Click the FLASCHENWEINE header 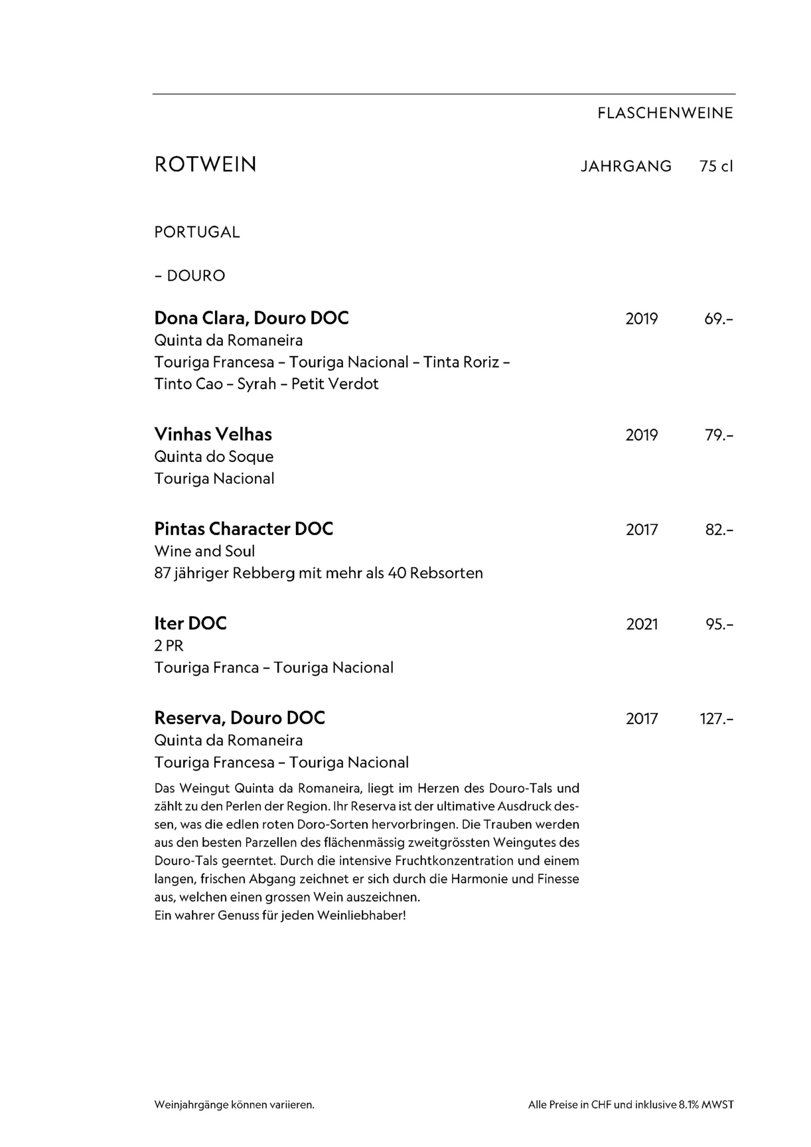pos(665,114)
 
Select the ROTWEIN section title pos(205,165)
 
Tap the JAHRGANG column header pos(626,166)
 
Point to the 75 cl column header pos(715,166)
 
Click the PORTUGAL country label pos(197,232)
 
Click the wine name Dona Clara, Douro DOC pos(252,319)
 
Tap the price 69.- pos(719,319)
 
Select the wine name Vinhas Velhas pos(213,435)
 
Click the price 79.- pos(719,435)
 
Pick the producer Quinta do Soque pos(214,457)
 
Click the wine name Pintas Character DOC pos(244,529)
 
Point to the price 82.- pos(719,530)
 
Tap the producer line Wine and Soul pos(204,551)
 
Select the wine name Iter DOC pos(190,624)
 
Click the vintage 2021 pos(642,625)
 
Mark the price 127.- pos(717,719)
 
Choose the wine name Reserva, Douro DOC pos(240,718)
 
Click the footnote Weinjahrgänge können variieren pos(234,1105)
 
